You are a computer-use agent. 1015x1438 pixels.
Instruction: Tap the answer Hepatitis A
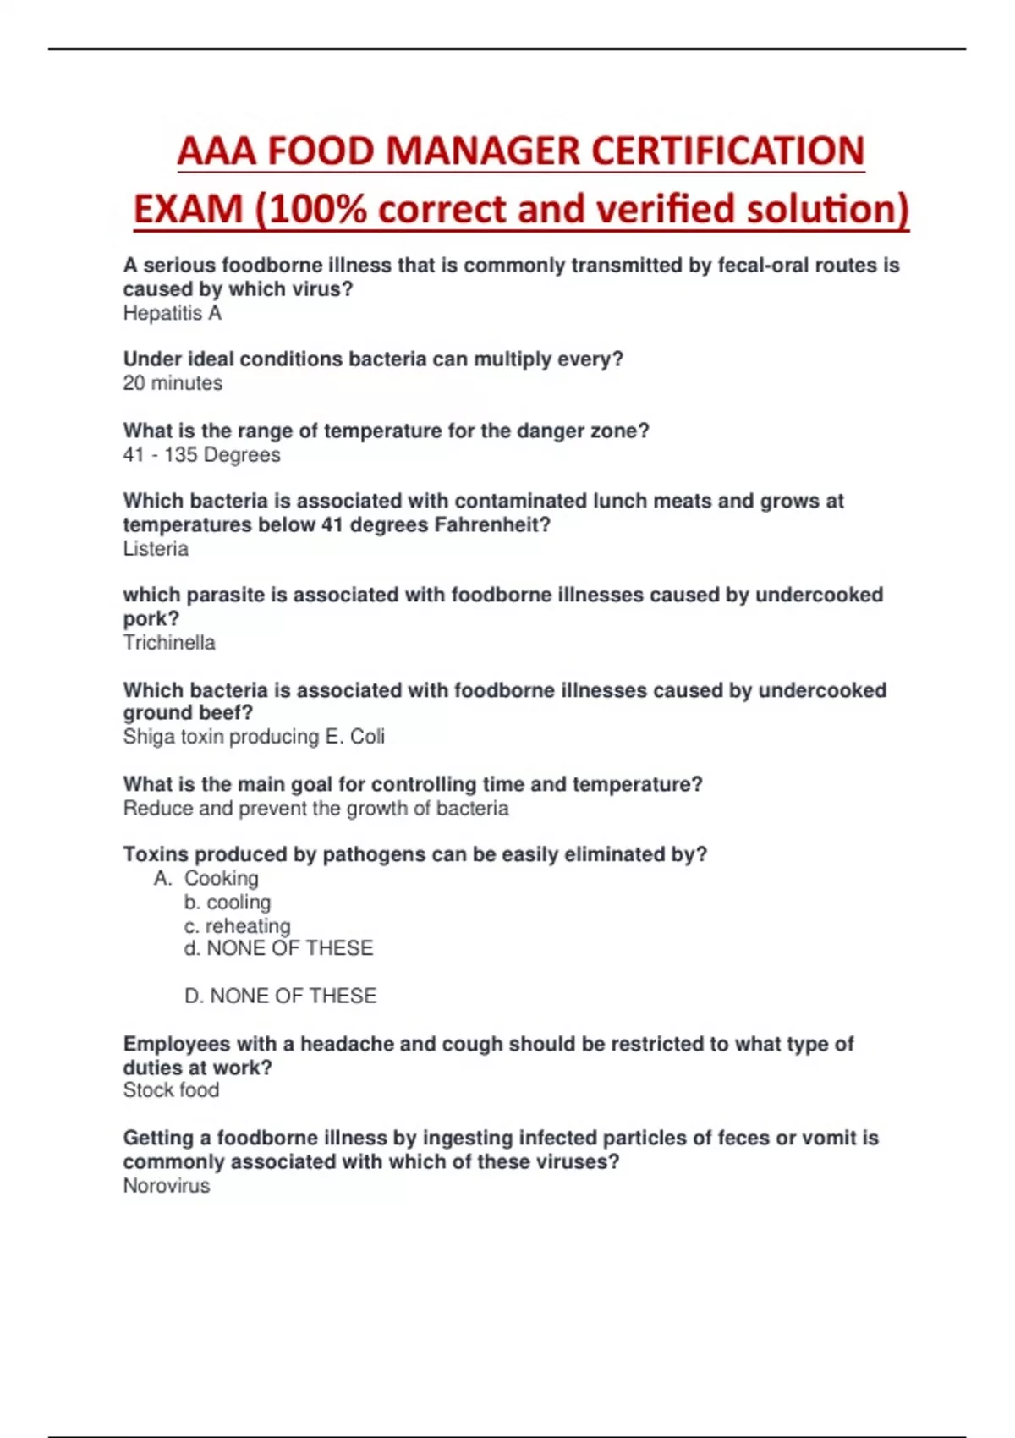(x=173, y=313)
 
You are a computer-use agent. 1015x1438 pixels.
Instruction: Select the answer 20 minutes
(x=173, y=383)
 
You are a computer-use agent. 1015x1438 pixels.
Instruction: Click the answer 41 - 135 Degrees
(x=201, y=454)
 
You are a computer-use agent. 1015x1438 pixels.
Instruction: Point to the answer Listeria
(x=156, y=549)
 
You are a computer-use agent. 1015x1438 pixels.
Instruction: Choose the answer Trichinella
(x=169, y=643)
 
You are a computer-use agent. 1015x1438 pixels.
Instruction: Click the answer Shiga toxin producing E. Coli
(x=254, y=737)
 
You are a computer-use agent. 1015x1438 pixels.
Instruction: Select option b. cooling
(x=227, y=903)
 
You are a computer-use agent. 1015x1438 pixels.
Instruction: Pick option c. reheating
(x=237, y=926)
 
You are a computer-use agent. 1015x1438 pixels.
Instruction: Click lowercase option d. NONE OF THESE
(x=278, y=948)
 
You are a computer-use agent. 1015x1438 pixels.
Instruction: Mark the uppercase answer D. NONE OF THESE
(x=280, y=996)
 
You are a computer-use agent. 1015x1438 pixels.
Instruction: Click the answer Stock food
(x=171, y=1090)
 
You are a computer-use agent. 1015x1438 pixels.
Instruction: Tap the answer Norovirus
(x=167, y=1186)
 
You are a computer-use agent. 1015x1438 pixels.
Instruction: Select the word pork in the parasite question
(x=149, y=619)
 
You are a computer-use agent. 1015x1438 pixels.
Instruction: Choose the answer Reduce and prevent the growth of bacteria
(x=315, y=809)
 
